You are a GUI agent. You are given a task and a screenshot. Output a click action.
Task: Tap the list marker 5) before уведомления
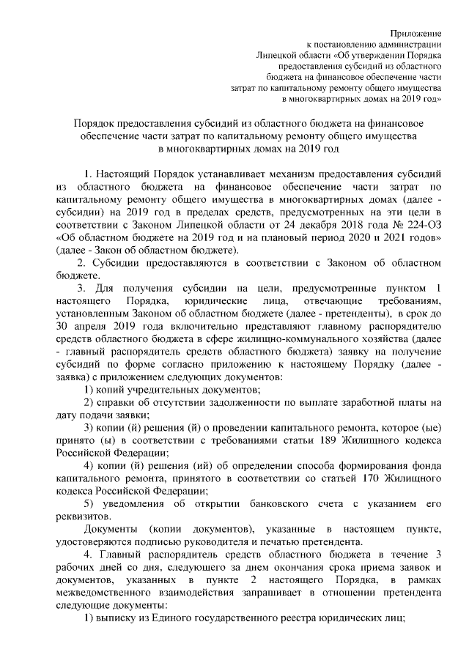coord(89,504)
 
